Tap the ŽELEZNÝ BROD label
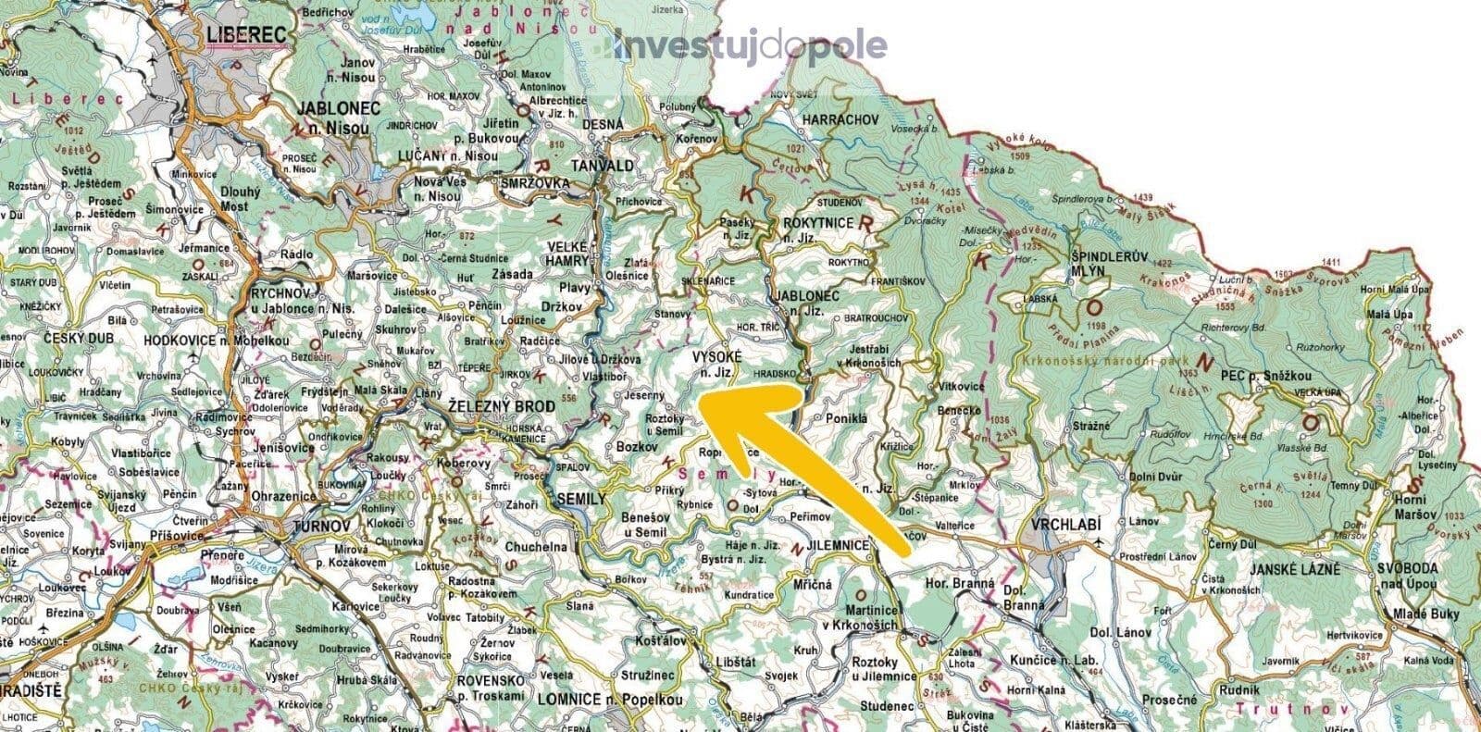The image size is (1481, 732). [501, 407]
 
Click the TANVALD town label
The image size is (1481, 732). [604, 166]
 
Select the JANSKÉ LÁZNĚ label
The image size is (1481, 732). [1294, 569]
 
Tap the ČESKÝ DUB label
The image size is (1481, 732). [78, 339]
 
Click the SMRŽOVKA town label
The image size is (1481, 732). [534, 182]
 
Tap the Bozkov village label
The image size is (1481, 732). [635, 446]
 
